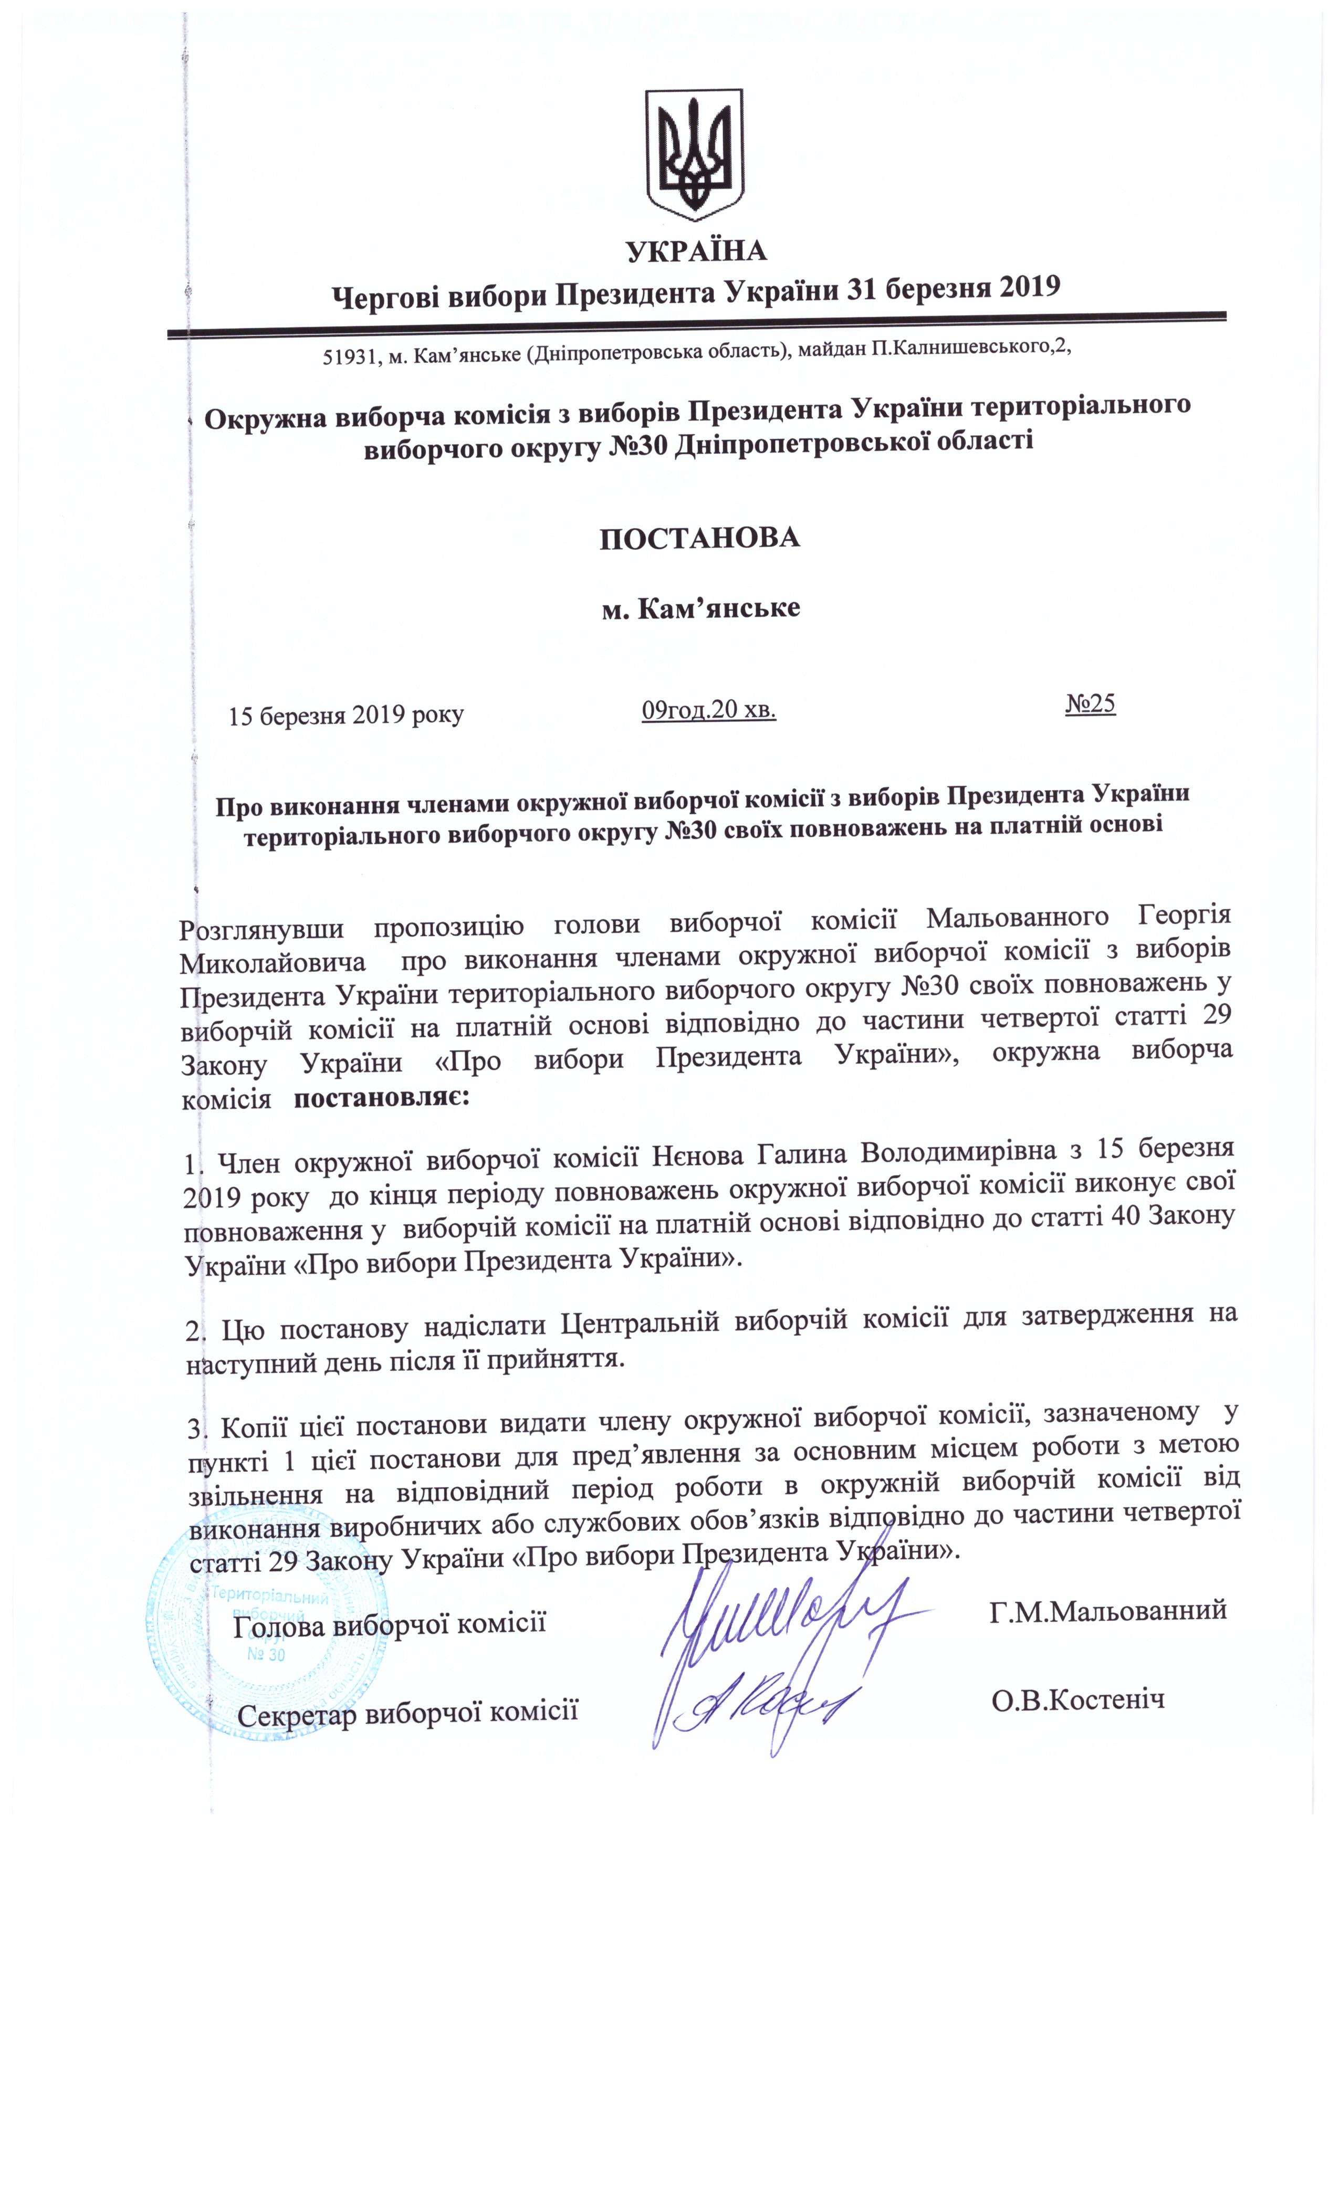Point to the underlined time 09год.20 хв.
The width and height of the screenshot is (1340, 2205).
[x=708, y=710]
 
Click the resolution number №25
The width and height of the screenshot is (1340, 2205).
[x=1090, y=704]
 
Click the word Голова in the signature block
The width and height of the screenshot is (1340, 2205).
[x=277, y=1625]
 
